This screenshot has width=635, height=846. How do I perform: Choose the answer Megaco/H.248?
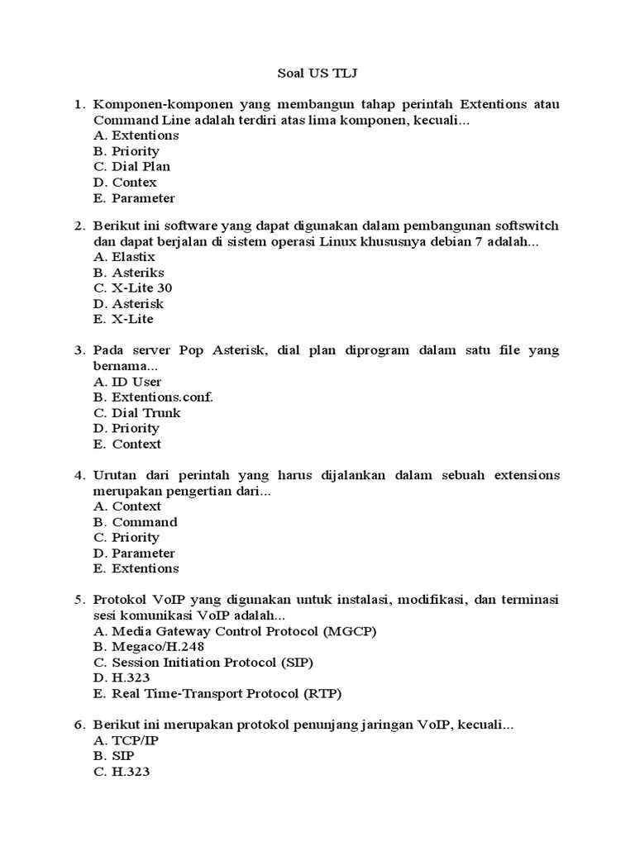pos(149,647)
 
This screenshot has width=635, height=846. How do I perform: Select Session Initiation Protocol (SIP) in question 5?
pos(203,663)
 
